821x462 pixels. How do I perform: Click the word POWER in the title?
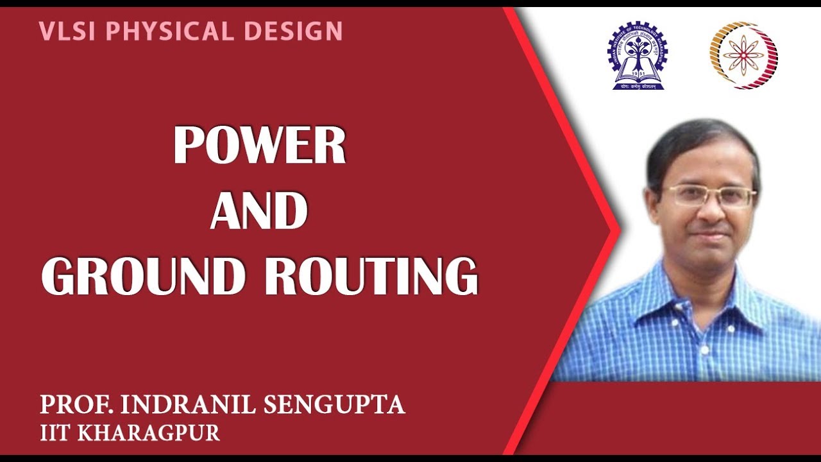coord(260,147)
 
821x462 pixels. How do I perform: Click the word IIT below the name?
coord(56,433)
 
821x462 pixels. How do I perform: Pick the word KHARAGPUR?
coord(149,433)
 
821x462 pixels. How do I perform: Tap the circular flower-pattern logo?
coord(743,55)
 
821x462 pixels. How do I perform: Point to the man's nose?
coord(712,209)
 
